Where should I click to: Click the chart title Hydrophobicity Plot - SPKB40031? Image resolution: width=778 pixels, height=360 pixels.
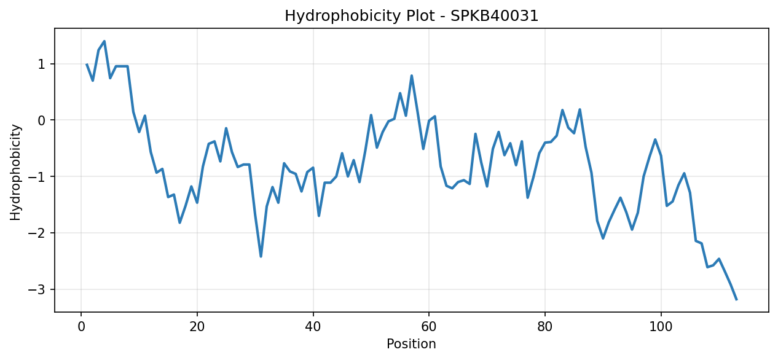pos(411,16)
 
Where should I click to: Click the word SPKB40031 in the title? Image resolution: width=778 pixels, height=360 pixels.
pos(494,16)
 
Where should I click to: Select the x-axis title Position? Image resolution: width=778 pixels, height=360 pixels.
pos(411,343)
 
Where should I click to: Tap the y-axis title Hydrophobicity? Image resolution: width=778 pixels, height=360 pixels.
pos(15,172)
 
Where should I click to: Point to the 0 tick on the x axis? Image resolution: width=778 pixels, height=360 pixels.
pos(81,327)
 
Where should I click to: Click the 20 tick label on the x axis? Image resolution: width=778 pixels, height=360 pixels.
pos(197,327)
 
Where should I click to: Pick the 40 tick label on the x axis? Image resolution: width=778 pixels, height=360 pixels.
pos(313,327)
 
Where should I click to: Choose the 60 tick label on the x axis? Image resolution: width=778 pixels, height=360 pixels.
pos(429,327)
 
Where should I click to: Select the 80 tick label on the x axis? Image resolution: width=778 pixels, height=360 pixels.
pos(544,327)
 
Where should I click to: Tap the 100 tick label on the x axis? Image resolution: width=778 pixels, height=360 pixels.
pos(661,327)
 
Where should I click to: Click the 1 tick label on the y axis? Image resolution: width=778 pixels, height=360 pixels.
pos(41,65)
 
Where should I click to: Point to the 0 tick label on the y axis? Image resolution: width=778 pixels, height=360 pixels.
pos(41,120)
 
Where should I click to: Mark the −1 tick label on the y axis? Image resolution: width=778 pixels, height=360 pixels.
pos(37,177)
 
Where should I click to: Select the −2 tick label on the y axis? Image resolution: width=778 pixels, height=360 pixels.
pos(37,233)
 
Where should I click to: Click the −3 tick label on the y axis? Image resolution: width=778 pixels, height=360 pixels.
pos(37,289)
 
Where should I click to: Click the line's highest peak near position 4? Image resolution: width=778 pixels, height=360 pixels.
pos(104,41)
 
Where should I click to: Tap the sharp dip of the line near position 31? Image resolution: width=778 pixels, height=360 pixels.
pos(261,257)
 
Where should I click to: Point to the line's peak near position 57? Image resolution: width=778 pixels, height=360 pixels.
pos(412,76)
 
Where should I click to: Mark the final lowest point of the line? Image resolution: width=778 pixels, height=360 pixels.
pos(736,300)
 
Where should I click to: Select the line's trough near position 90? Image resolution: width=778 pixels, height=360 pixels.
pos(603,238)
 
